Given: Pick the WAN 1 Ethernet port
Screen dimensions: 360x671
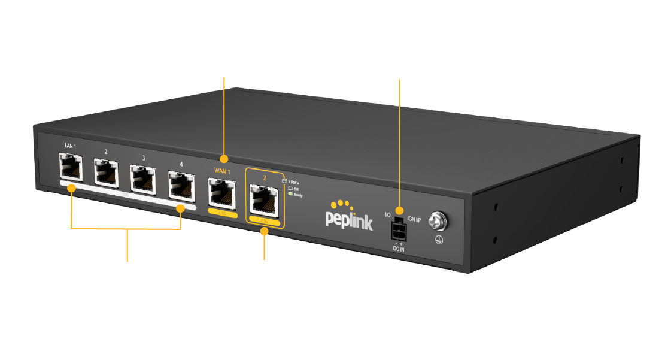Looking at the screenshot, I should point(222,192).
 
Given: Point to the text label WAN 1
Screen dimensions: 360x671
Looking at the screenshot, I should point(222,171).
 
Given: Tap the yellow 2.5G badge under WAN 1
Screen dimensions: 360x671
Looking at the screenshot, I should point(223,214).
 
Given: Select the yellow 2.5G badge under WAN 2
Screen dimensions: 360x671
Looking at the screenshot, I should point(264,222).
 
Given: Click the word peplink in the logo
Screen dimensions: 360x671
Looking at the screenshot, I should point(349,220).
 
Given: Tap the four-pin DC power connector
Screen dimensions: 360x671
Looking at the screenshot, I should point(396,229).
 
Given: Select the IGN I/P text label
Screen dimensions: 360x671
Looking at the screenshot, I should point(414,220).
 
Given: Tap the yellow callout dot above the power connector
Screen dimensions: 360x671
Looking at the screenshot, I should point(399,210).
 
